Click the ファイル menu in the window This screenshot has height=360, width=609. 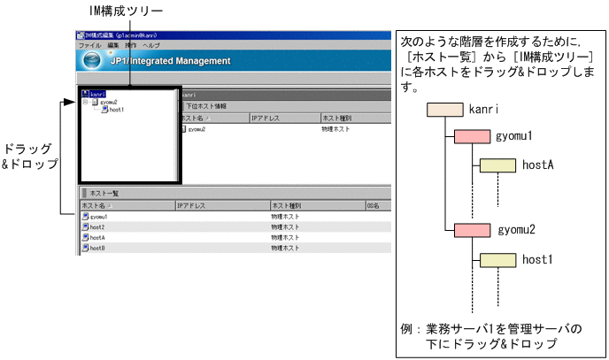coord(89,44)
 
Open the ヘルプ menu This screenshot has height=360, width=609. coord(151,44)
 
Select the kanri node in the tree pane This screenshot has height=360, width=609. coord(97,93)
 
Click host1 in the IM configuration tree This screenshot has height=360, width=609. coord(115,110)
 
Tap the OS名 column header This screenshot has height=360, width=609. coord(373,205)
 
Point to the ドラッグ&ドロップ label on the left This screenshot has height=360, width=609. coord(29,156)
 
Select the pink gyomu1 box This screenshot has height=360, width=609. coord(472,137)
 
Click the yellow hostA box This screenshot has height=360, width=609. coord(497,165)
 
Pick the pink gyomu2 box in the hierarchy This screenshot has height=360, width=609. coord(472,231)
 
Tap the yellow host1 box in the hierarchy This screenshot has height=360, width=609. coord(497,259)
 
